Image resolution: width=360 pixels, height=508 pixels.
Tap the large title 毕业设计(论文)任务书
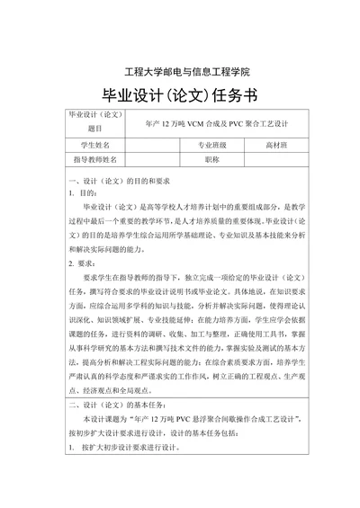(180, 97)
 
